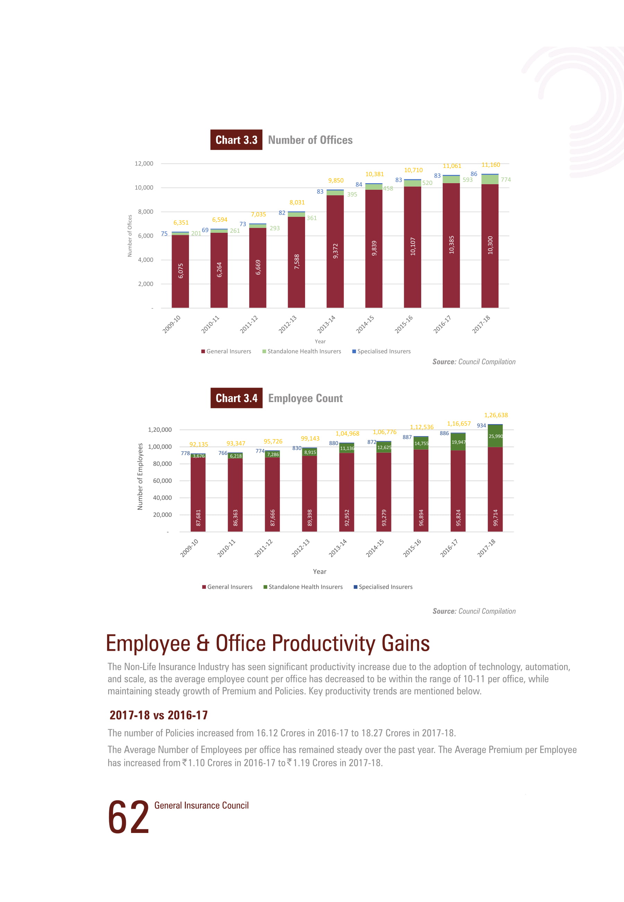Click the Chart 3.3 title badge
point(236,140)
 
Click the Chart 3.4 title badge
point(236,398)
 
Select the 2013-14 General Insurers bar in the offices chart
point(335,251)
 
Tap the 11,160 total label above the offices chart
point(491,165)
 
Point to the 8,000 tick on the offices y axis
point(146,212)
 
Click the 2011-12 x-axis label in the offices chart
point(249,324)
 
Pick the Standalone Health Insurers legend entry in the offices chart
point(302,351)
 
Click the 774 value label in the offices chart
point(505,180)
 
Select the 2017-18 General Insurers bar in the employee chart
point(495,489)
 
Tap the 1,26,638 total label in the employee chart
point(496,415)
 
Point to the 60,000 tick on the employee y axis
point(162,480)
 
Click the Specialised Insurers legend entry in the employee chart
point(383,587)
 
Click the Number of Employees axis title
point(140,476)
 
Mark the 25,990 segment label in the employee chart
point(496,436)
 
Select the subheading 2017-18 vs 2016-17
point(158,715)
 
